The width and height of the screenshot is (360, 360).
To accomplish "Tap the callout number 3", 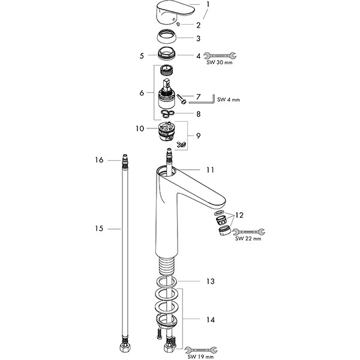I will (x=198, y=38).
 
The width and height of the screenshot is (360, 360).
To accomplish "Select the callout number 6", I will (x=141, y=93).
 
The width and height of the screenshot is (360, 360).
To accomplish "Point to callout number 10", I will (x=140, y=128).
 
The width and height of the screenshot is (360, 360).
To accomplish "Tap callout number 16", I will (x=100, y=160).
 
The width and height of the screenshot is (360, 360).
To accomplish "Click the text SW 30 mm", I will (x=220, y=62).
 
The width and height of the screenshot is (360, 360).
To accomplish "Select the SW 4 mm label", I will (x=228, y=100).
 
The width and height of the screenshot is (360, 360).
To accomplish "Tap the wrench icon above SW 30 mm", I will (x=219, y=55).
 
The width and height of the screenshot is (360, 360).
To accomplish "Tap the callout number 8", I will (x=199, y=113).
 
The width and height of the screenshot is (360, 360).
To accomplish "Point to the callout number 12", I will (x=239, y=214).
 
